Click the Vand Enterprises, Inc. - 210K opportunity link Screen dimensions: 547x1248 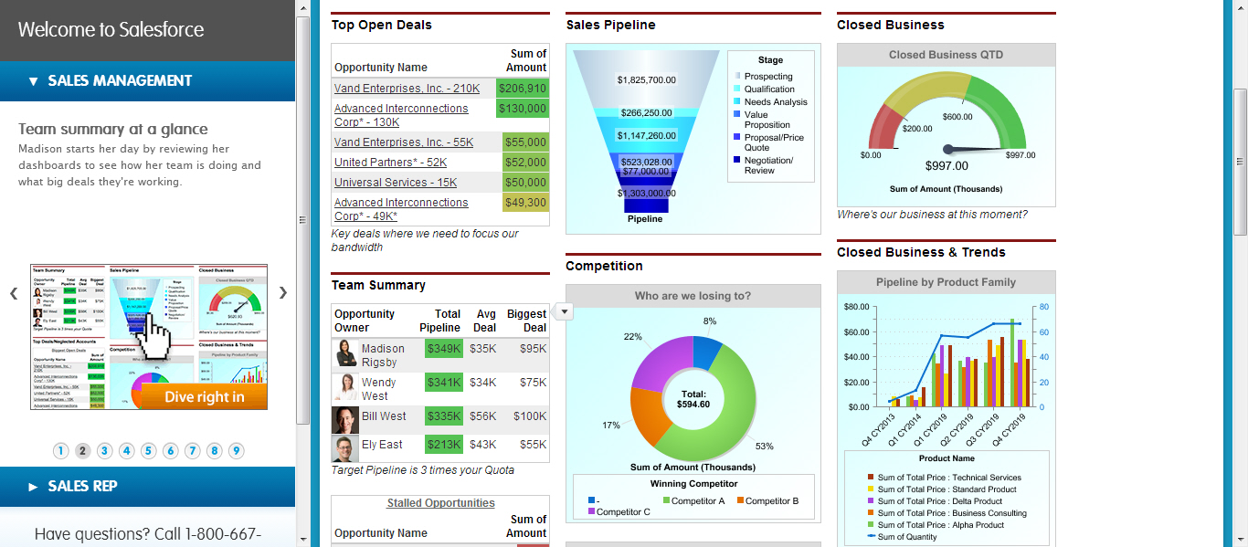coord(407,89)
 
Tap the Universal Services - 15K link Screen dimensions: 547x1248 coord(396,183)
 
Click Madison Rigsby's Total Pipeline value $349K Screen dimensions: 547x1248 coord(444,348)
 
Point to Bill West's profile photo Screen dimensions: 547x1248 coord(345,420)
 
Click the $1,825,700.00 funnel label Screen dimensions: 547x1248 coord(647,80)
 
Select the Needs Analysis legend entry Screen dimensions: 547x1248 coord(776,102)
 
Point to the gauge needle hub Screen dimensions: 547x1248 coord(947,149)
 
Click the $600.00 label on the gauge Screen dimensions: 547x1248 coord(957,117)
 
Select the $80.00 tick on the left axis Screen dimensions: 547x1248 coord(856,306)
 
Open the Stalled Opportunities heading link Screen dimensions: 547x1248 coord(440,503)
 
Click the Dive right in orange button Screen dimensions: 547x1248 coord(205,396)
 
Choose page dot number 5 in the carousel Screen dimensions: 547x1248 coord(149,450)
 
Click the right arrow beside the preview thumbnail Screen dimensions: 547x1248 coord(283,293)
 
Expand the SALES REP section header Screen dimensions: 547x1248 coord(82,487)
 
